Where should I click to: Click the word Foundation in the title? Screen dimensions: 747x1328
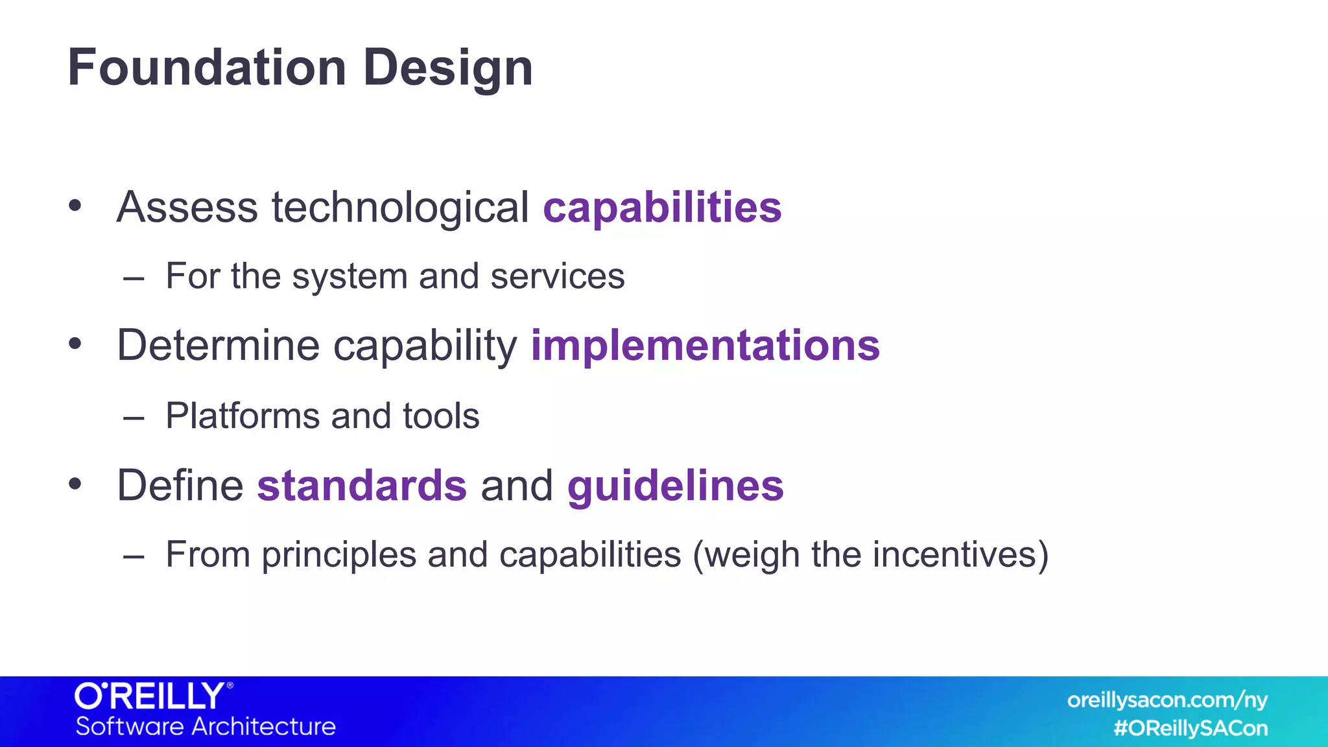(207, 67)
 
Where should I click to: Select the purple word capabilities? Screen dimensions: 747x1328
(662, 208)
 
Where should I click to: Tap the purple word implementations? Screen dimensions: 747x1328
(705, 345)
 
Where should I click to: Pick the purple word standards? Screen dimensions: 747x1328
(362, 486)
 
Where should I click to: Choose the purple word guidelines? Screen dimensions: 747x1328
(675, 487)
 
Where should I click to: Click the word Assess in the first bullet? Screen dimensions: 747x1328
(187, 208)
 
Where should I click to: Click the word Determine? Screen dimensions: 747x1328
(218, 345)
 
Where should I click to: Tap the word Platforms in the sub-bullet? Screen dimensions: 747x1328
(242, 416)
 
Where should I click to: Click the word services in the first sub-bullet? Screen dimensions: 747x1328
(557, 277)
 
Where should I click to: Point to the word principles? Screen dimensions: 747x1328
(339, 556)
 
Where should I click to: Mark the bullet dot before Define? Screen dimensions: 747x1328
(75, 484)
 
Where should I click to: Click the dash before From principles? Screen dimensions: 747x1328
(133, 556)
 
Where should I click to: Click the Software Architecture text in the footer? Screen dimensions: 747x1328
(206, 726)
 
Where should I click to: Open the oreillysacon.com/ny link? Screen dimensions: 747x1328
(1167, 700)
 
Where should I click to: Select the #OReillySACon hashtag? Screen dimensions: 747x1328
(1190, 728)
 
